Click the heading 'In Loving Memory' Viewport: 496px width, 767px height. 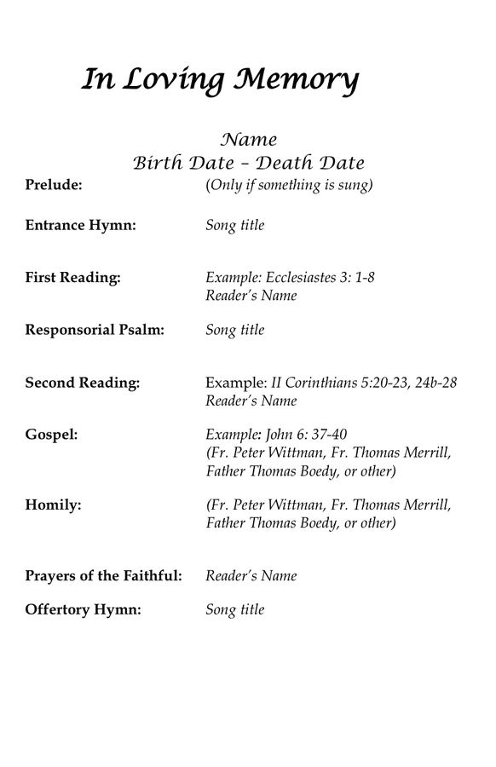coord(220,81)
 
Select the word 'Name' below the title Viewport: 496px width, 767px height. coord(248,139)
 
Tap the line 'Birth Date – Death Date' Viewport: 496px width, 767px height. coord(248,162)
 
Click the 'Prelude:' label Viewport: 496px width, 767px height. coord(54,185)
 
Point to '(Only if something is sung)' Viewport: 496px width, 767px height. coord(289,185)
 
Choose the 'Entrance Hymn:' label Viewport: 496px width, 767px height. coord(81,226)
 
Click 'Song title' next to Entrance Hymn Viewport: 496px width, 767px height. coord(235,226)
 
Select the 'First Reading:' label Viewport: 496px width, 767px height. coord(72,278)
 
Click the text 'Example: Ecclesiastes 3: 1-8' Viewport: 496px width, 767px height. coord(291,278)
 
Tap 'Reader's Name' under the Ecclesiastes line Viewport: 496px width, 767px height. coord(251,297)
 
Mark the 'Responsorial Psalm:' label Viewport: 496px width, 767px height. coord(95,330)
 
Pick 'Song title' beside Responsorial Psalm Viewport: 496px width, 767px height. coord(235,330)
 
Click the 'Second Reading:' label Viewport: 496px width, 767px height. coord(83,383)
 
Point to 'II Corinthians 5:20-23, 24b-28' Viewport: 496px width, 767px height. coord(364,383)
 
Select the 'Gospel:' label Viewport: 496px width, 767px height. coord(52,435)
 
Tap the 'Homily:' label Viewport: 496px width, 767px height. coord(54,505)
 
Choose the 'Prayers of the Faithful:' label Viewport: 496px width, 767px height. coord(104,576)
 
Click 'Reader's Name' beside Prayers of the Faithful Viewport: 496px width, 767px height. coord(251,576)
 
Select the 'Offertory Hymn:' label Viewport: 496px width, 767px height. coord(82,610)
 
